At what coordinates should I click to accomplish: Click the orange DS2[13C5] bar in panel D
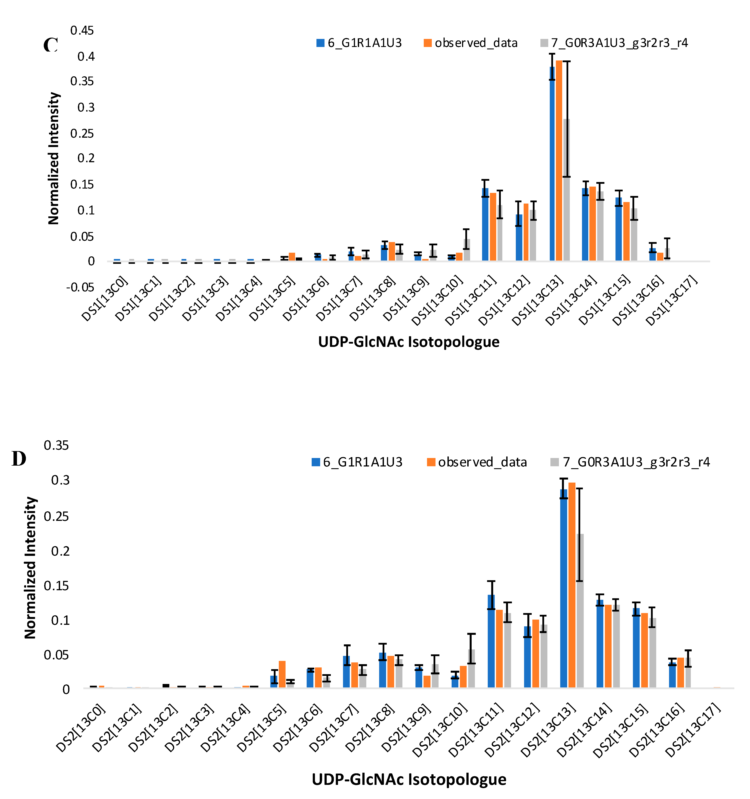tap(282, 674)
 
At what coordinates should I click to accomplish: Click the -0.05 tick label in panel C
tap(80, 287)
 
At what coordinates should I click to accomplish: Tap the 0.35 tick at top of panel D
tap(56, 445)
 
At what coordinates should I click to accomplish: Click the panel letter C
tap(51, 45)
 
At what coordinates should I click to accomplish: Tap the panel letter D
tap(19, 459)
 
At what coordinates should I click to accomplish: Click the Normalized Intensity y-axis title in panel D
tap(30, 568)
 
